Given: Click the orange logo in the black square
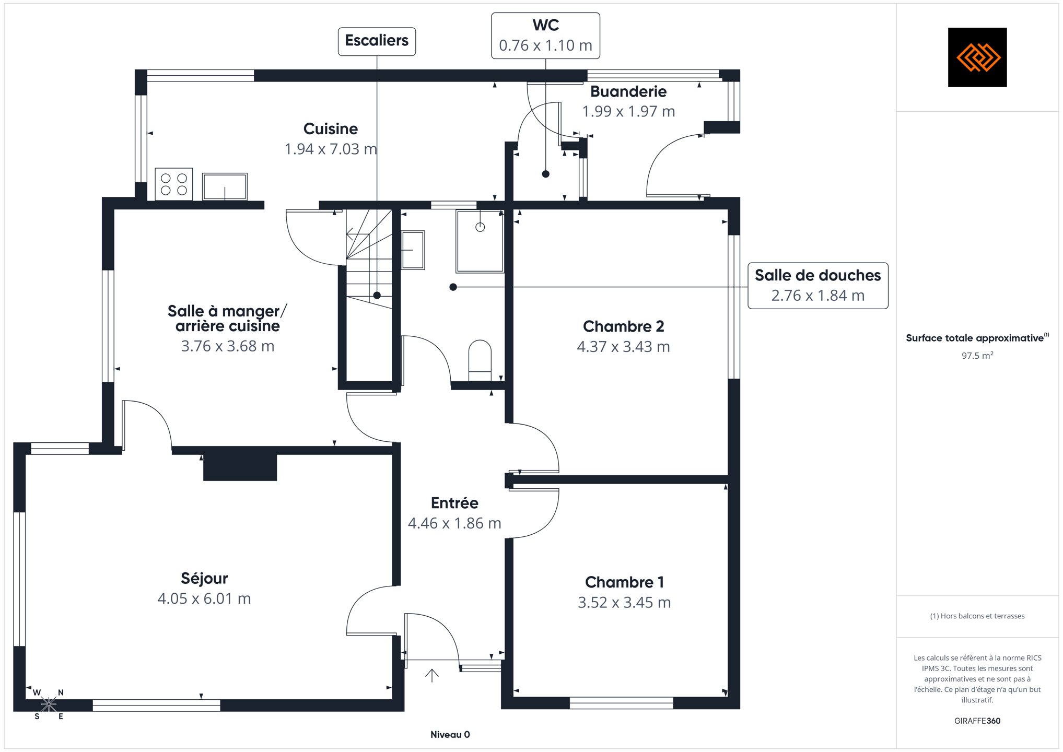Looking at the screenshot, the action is [x=978, y=57].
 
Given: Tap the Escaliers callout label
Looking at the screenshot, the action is [x=377, y=41].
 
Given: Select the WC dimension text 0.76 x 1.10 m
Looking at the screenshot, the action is [x=545, y=45].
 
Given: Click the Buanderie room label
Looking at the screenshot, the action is [x=628, y=91].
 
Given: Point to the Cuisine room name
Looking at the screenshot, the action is [x=331, y=128].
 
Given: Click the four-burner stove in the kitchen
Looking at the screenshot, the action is [x=174, y=184].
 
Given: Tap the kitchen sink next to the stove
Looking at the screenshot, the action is [x=225, y=186].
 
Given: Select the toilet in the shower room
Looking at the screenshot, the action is [x=480, y=360].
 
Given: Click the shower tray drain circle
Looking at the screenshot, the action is [x=480, y=227].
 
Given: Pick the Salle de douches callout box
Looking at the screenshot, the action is [x=818, y=286].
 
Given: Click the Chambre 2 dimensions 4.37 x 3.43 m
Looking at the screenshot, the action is [x=623, y=347].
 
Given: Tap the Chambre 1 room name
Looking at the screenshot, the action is [x=624, y=582].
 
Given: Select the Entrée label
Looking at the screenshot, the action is [x=454, y=503].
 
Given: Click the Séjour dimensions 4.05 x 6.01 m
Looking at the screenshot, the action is [x=204, y=598].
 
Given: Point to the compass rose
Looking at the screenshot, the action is [x=49, y=704].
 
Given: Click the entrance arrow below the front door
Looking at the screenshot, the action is [x=431, y=676].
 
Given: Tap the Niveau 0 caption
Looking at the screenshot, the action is [x=450, y=735].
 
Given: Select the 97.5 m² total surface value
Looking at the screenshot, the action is [x=977, y=356].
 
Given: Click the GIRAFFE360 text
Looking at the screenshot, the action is [x=977, y=721].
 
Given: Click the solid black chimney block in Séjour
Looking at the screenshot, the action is [x=240, y=467].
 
